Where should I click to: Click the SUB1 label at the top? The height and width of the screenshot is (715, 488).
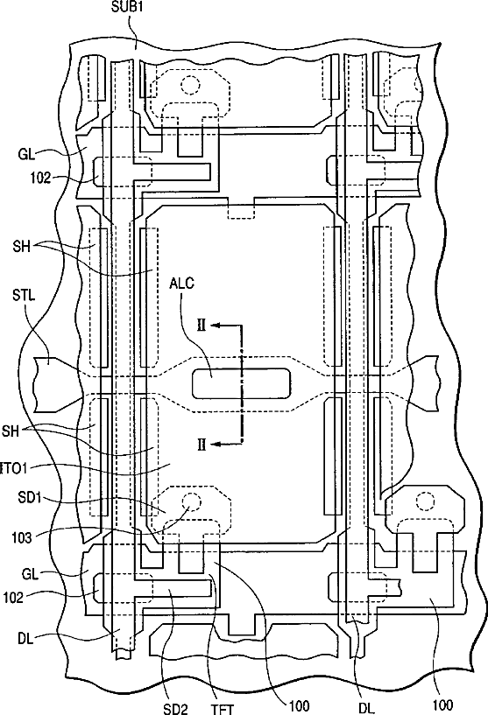point(127,7)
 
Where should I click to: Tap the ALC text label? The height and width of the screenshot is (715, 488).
point(181,284)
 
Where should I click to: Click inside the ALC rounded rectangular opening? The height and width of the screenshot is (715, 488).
point(241,383)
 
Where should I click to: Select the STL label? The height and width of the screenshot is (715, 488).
point(24,295)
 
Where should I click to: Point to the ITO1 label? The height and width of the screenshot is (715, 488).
point(14,468)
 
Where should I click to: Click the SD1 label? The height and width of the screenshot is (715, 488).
point(30,497)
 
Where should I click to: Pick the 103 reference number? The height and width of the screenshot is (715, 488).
point(22,538)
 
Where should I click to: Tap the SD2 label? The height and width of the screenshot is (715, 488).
point(175,709)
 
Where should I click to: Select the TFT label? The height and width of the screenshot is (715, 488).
point(223,709)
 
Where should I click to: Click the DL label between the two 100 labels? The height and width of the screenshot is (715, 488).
point(366,708)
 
